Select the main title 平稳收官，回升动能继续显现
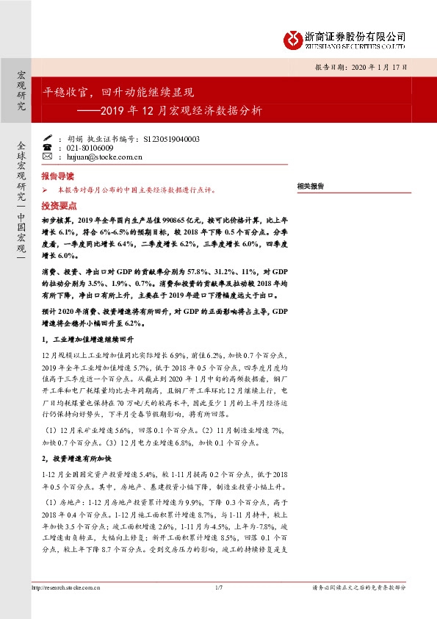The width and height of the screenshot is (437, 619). (118, 93)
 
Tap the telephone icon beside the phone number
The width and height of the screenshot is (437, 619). (48, 147)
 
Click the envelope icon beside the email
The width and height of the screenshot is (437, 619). (48, 157)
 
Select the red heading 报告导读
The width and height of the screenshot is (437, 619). (57, 177)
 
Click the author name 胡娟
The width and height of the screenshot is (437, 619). (75, 138)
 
